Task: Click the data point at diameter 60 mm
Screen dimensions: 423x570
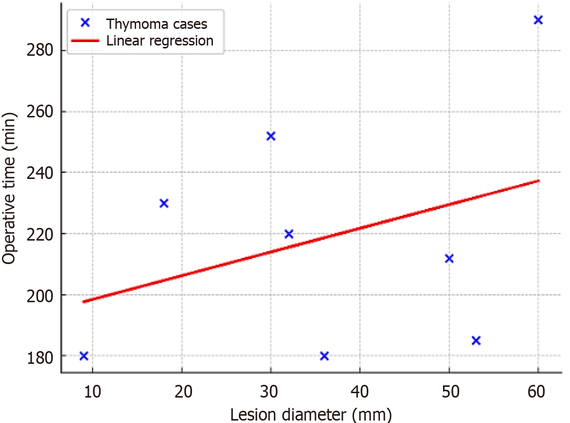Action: coord(538,20)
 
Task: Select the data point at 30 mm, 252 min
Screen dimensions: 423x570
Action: coord(271,136)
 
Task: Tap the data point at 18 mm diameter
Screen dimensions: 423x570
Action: coord(164,203)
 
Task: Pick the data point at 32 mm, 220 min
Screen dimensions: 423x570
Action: coord(289,234)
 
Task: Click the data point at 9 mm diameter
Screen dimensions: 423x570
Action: coord(84,356)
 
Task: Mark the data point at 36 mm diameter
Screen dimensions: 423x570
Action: coord(324,356)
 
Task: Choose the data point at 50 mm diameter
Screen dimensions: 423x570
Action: coord(449,259)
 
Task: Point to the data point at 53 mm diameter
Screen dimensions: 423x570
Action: coord(476,340)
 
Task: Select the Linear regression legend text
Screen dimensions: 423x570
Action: coord(160,41)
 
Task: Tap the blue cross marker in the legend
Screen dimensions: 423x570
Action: coord(85,22)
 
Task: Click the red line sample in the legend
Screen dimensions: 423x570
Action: coord(85,41)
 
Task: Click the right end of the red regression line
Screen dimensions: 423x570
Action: coord(537,181)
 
